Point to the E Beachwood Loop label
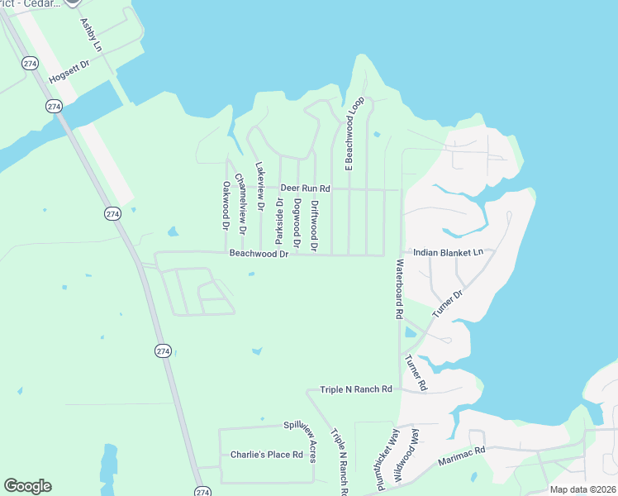click(x=354, y=134)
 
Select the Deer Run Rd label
click(x=305, y=188)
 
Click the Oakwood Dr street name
click(x=225, y=206)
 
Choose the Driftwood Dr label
click(x=315, y=225)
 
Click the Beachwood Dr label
click(x=259, y=255)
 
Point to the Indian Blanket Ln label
click(x=447, y=252)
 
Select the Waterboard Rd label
click(x=398, y=290)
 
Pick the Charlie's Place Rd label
click(x=266, y=455)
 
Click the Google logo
click(x=27, y=486)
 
